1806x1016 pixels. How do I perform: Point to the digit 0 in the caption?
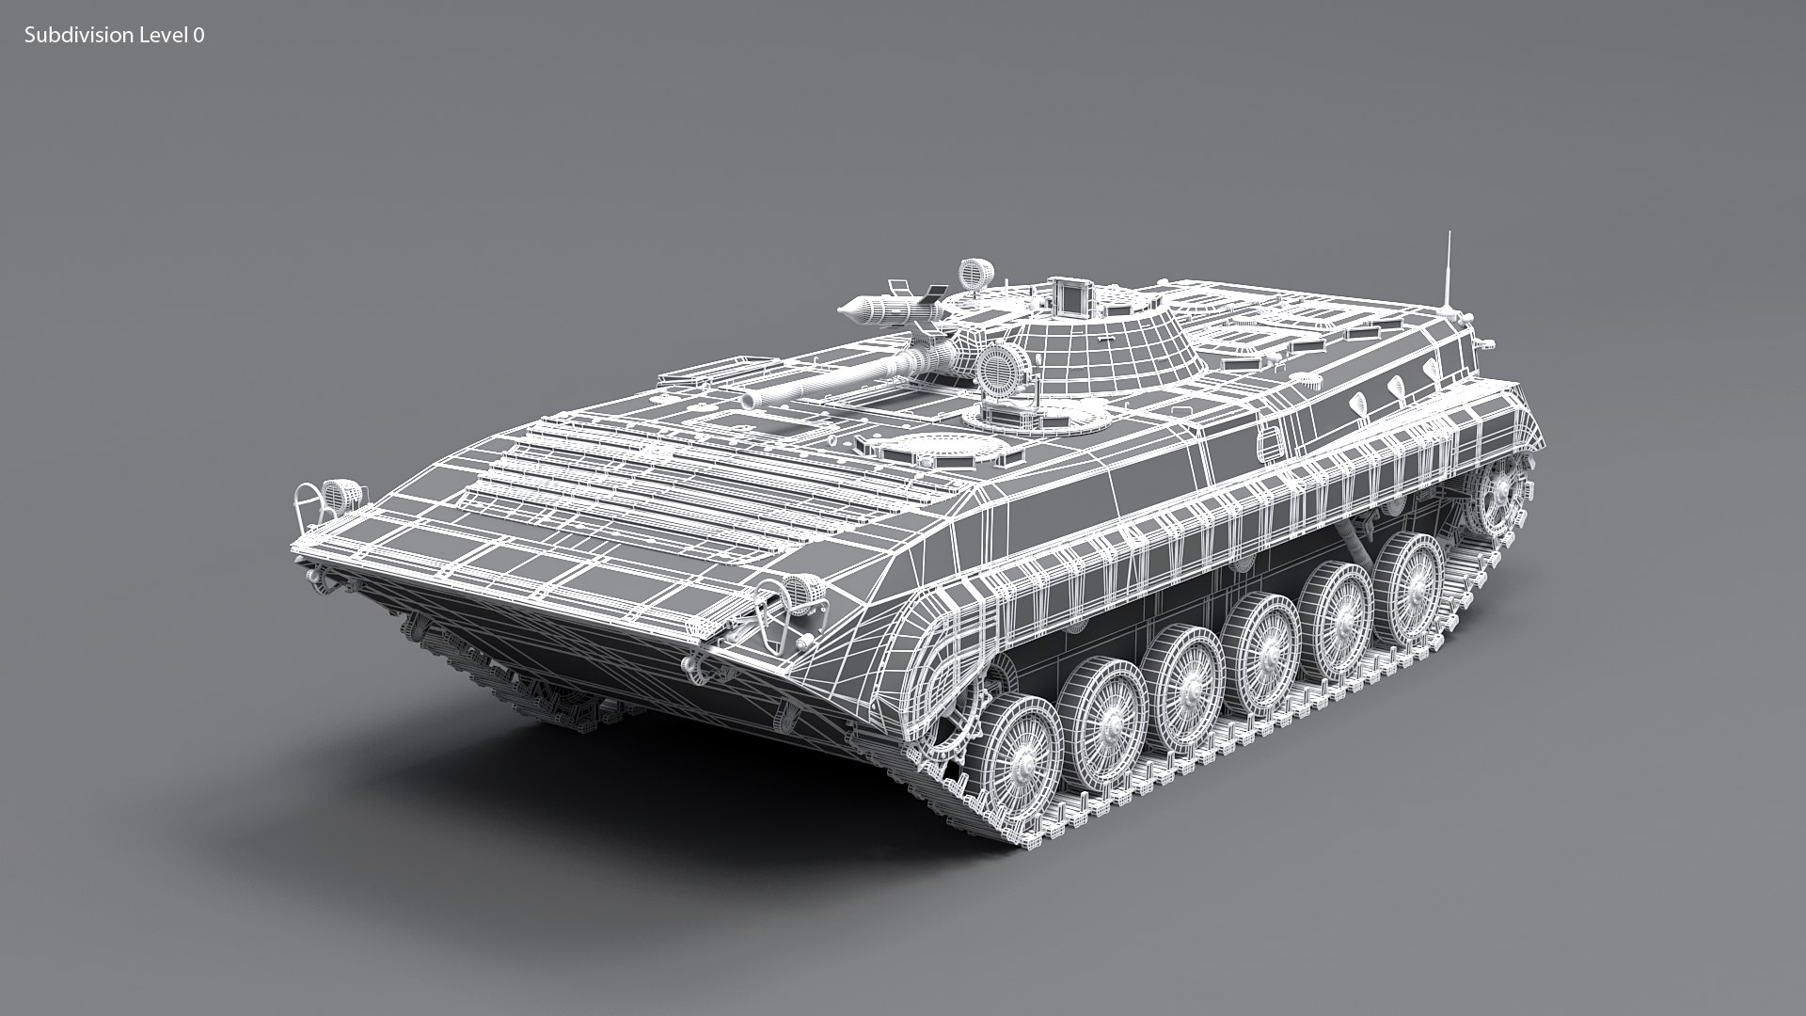[x=198, y=36]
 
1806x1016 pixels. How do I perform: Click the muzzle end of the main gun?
[x=749, y=399]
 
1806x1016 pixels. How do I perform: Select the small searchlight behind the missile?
[x=974, y=275]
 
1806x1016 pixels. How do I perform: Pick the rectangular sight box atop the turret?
[x=1070, y=295]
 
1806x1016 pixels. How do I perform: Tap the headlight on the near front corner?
[x=798, y=591]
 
